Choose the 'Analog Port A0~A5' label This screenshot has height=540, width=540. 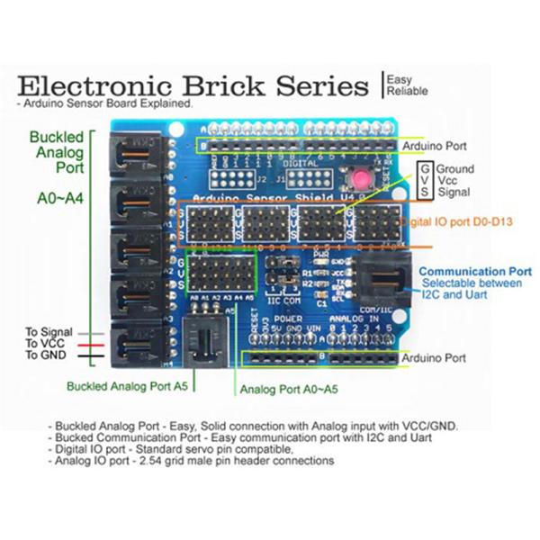click(287, 391)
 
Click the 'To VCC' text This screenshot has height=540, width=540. click(45, 344)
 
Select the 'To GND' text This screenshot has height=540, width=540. click(46, 356)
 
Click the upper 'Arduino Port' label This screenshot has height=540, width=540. click(435, 145)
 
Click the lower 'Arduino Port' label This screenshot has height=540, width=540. click(435, 357)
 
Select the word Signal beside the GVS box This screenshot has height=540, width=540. click(455, 192)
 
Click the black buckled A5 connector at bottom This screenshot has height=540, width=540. click(204, 341)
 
